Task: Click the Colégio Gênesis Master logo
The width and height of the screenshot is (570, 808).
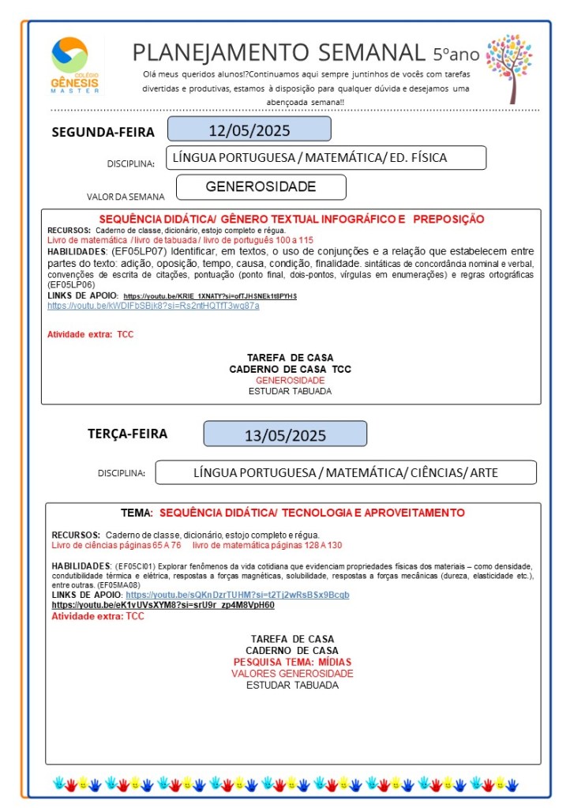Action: click(75, 65)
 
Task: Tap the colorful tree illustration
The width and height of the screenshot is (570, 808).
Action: click(509, 66)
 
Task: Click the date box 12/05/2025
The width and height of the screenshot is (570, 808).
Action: click(249, 130)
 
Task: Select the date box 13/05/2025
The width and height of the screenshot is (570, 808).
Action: click(285, 434)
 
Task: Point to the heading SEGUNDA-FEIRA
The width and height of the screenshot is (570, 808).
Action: click(103, 132)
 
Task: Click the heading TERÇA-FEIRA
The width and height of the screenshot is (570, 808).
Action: click(127, 434)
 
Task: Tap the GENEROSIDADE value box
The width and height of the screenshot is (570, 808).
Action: click(261, 187)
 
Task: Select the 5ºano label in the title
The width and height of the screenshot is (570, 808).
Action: click(456, 54)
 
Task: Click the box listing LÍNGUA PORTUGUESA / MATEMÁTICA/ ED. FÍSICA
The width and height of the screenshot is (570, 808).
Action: click(326, 158)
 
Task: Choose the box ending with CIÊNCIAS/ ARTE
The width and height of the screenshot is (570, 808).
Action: click(346, 473)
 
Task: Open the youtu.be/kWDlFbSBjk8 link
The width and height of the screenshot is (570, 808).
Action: click(153, 306)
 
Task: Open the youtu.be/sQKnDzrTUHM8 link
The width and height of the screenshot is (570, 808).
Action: click(237, 595)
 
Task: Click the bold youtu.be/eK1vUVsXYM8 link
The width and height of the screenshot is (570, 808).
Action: click(163, 605)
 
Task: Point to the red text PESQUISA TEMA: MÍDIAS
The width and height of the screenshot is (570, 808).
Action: click(292, 662)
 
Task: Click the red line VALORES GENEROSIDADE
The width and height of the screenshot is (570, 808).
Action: click(292, 674)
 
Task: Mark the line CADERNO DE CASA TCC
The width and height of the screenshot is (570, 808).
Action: click(290, 369)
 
